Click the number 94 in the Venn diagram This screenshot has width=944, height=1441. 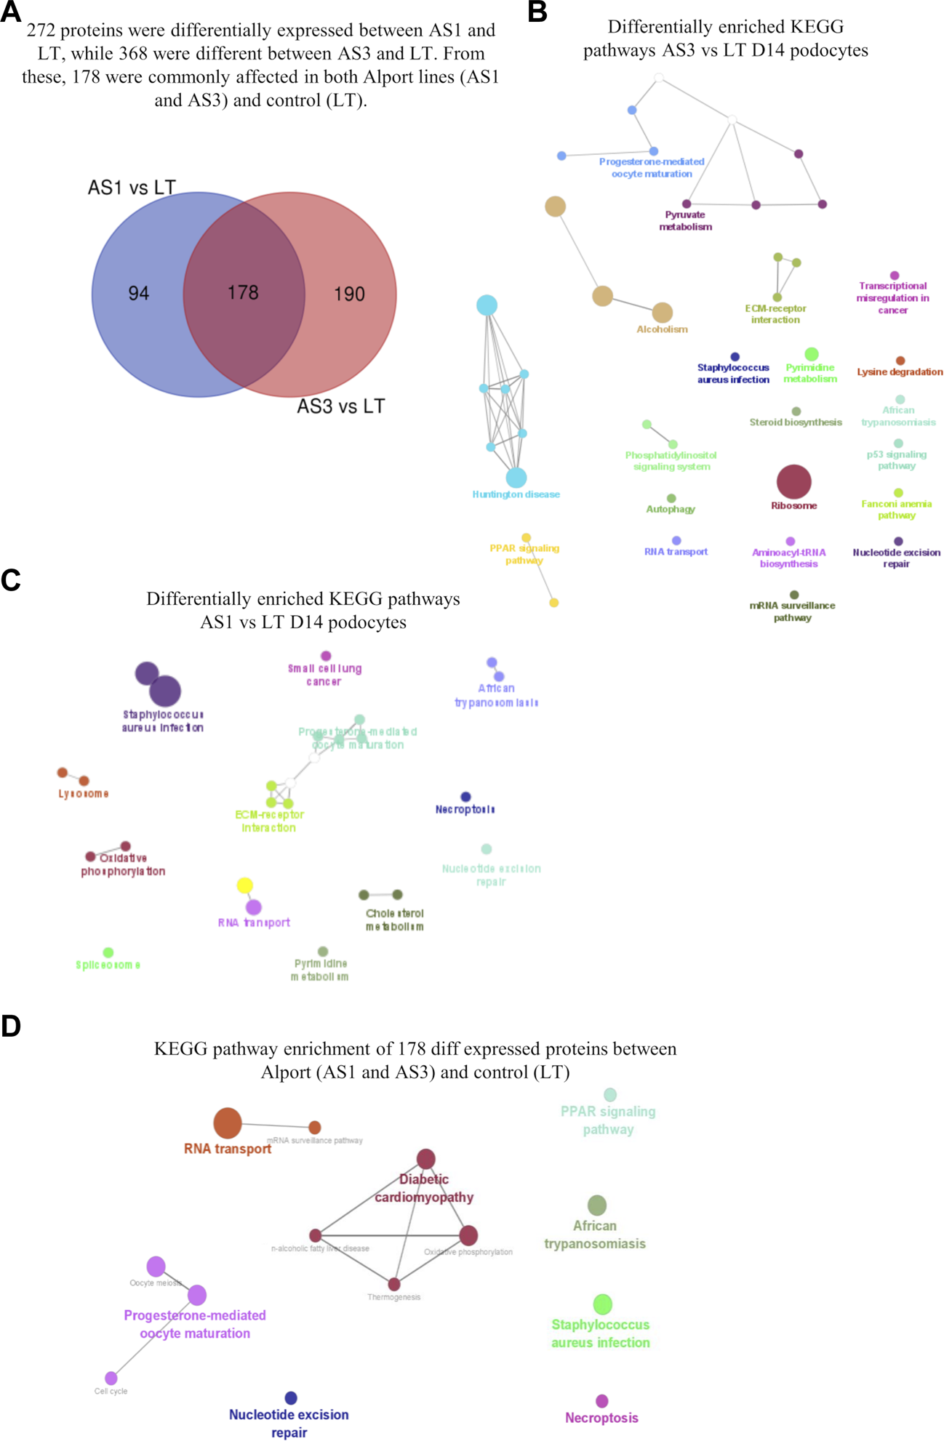(x=139, y=293)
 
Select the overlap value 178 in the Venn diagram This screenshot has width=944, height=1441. (x=243, y=292)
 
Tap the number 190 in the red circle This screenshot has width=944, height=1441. (x=349, y=294)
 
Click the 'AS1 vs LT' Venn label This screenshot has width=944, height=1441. (x=132, y=188)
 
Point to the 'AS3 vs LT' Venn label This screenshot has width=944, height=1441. (x=340, y=406)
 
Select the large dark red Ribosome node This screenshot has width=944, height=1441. (x=793, y=481)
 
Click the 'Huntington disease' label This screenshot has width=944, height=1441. (x=516, y=494)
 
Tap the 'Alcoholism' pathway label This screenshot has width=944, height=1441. (x=662, y=329)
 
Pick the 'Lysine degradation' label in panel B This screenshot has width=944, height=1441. (x=900, y=372)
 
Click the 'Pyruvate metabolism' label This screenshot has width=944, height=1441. (x=685, y=221)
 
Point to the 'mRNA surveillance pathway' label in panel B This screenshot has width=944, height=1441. (x=792, y=611)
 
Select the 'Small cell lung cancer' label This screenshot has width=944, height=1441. (x=324, y=675)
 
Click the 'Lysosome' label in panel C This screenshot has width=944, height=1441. (x=84, y=794)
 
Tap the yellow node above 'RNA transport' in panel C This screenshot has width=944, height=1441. (x=245, y=886)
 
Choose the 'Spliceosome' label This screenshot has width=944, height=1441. (x=108, y=965)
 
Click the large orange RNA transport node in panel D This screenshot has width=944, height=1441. (x=228, y=1123)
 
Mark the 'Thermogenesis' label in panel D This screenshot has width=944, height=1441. (x=393, y=1297)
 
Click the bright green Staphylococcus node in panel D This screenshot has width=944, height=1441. (x=602, y=1304)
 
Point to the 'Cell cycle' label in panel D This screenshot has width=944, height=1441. (x=111, y=1391)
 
